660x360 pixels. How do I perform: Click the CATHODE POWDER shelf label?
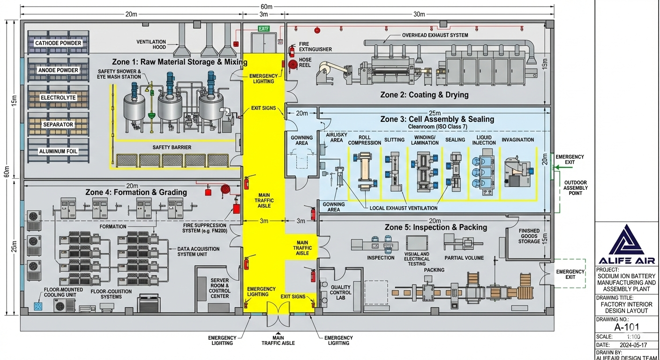(58, 43)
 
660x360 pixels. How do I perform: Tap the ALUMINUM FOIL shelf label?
(58, 151)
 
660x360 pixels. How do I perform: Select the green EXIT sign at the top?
(264, 29)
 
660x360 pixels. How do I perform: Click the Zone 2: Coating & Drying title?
(424, 95)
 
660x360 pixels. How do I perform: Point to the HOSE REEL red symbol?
(293, 64)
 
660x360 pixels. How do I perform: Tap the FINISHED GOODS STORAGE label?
(529, 236)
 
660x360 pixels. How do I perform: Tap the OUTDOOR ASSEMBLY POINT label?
(576, 187)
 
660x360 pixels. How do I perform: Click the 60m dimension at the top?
(266, 7)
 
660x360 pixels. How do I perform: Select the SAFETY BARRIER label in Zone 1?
(172, 147)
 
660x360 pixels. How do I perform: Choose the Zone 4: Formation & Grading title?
(136, 192)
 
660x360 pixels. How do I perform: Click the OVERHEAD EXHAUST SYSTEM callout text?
(435, 35)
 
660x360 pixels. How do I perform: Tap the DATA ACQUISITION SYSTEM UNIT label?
(198, 252)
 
